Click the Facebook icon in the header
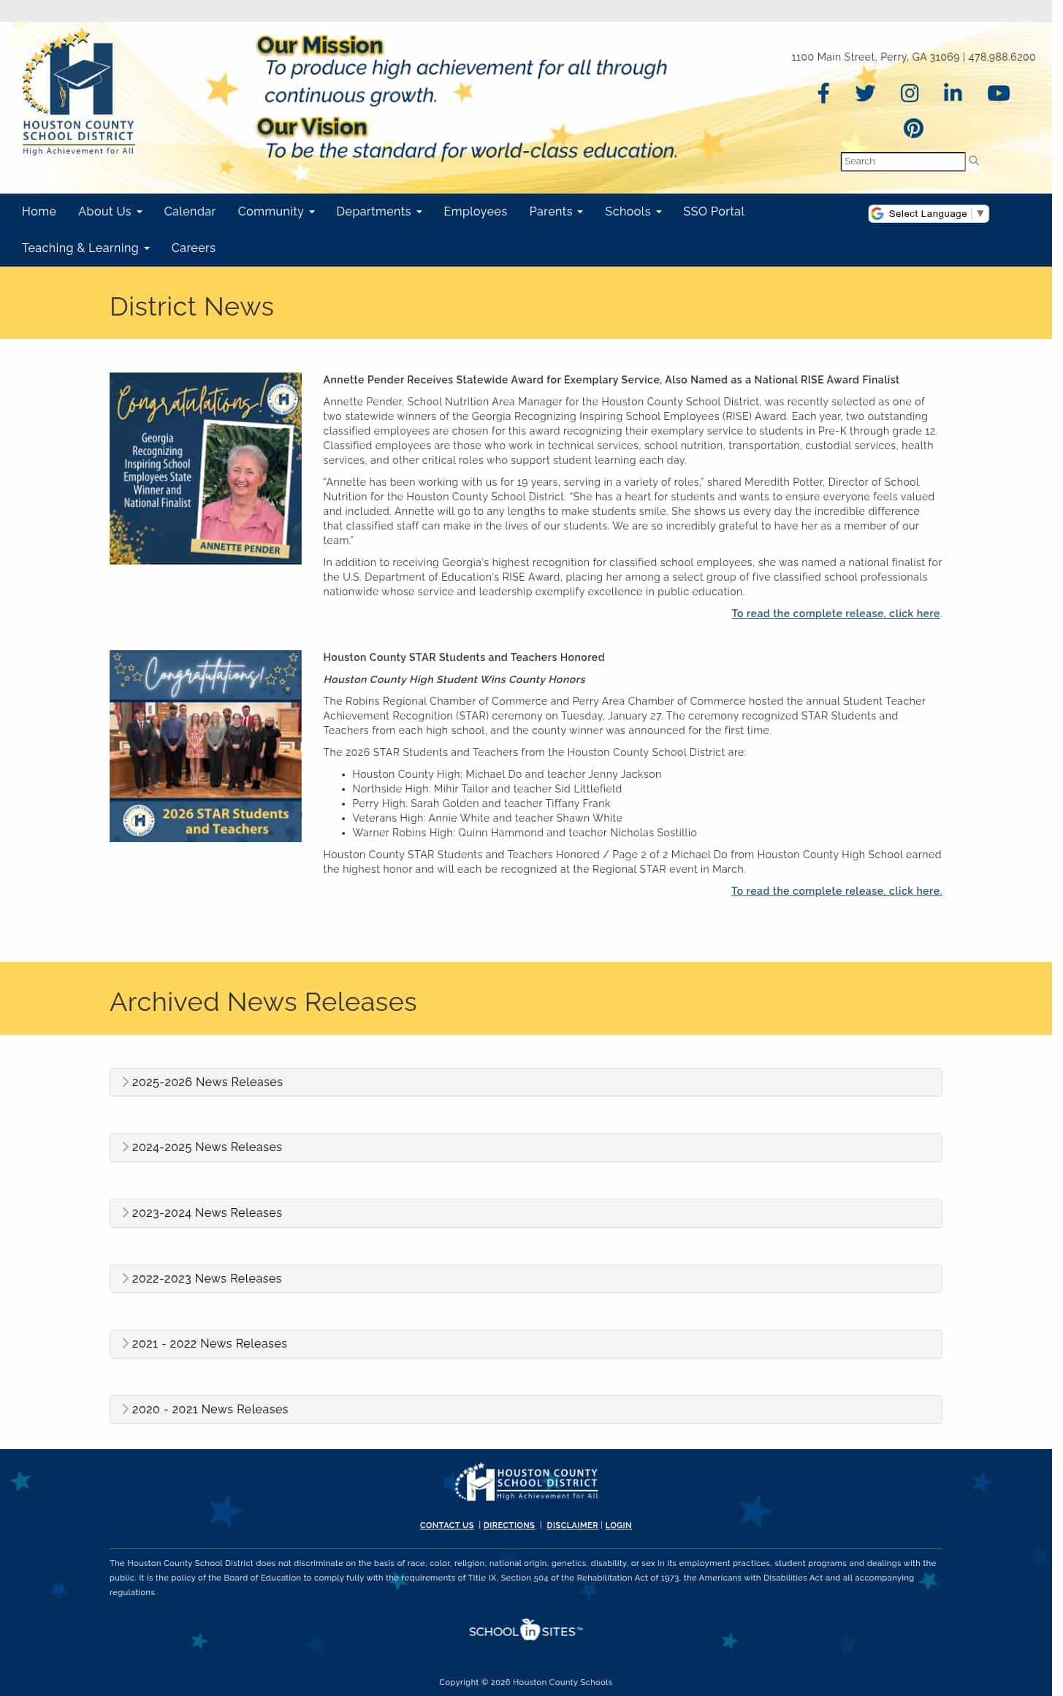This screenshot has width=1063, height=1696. click(823, 93)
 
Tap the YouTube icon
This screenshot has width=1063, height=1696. click(998, 93)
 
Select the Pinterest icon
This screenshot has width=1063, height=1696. click(913, 129)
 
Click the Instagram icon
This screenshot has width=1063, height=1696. click(910, 93)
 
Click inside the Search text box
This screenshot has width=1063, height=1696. click(902, 161)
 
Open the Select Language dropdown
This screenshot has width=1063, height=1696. click(928, 213)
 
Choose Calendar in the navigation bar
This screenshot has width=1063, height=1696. click(189, 212)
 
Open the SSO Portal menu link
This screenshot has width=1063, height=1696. click(713, 212)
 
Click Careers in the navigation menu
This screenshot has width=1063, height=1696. click(193, 248)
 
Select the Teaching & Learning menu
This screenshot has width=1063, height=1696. click(85, 248)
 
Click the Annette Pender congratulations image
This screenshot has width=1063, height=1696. click(205, 468)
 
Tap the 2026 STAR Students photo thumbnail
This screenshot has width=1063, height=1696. click(205, 746)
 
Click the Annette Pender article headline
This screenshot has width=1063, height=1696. click(611, 380)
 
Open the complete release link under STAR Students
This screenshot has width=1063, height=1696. click(836, 891)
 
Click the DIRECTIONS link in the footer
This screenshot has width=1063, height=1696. click(508, 1525)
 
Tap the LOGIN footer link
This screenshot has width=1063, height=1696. click(618, 1525)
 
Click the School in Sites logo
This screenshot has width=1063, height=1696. click(526, 1631)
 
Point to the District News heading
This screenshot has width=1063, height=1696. click(191, 307)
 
